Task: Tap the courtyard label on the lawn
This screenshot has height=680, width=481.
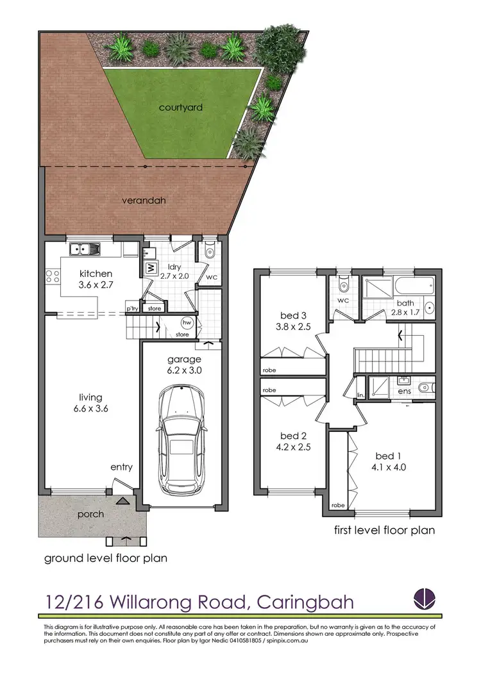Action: pos(180,108)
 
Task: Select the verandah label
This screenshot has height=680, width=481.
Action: pos(144,200)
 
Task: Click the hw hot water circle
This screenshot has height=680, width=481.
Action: pos(187,322)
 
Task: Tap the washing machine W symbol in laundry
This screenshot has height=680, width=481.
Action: pos(150,268)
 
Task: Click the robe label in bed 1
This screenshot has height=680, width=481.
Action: pos(337,506)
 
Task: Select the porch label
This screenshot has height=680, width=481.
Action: pos(90,514)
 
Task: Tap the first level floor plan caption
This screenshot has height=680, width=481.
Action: pos(384,530)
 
